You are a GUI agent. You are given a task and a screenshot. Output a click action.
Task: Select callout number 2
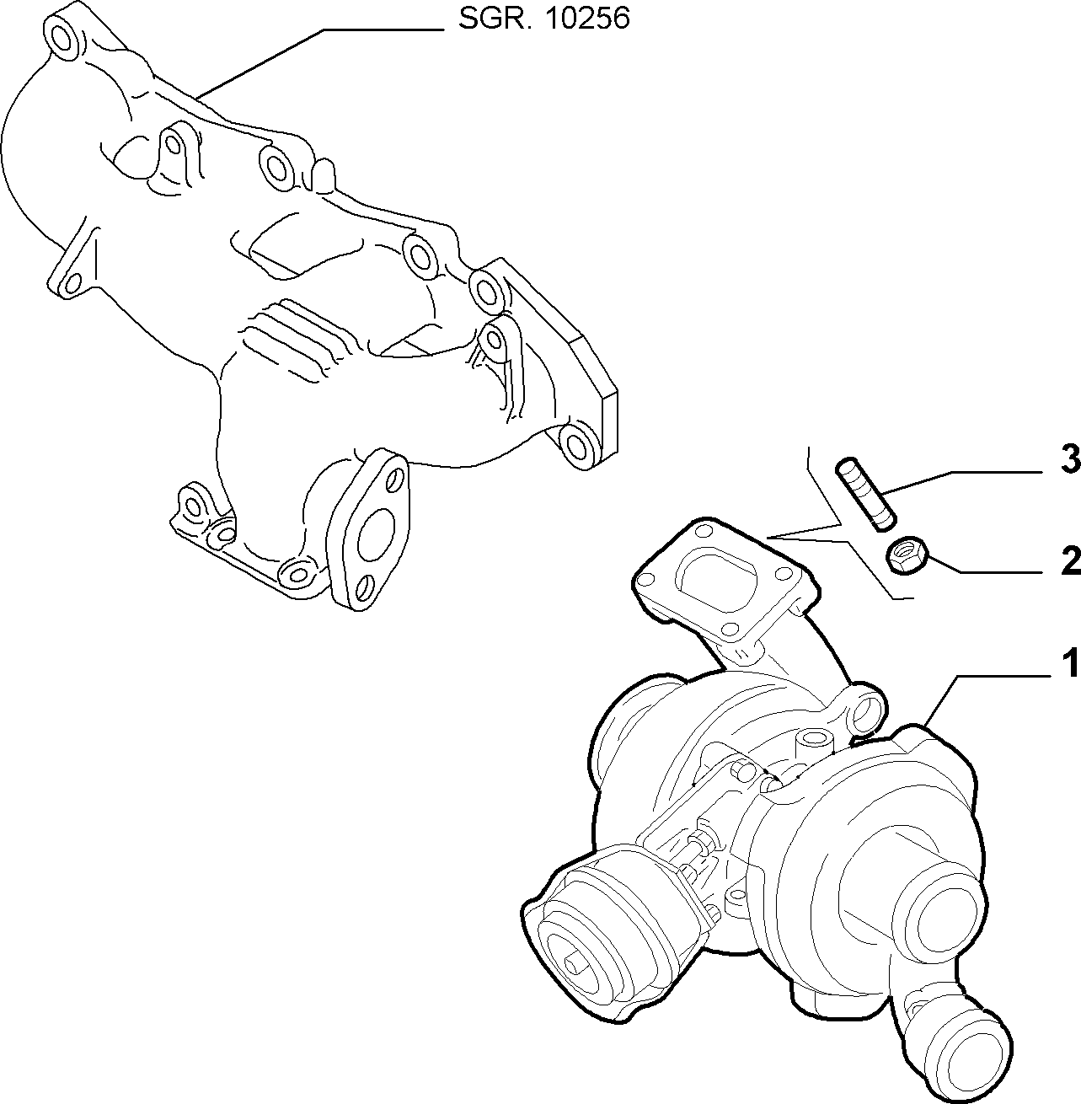pyautogui.click(x=1070, y=560)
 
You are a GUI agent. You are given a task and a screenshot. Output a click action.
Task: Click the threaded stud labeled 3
pyautogui.click(x=865, y=493)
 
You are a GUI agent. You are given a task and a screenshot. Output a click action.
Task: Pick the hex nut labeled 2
pyautogui.click(x=907, y=555)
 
